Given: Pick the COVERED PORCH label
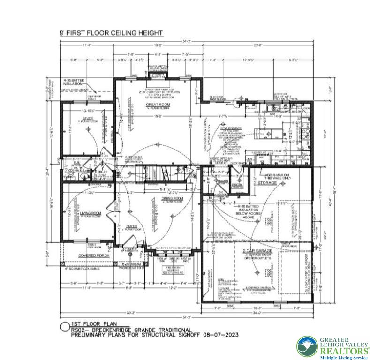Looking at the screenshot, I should pyautogui.click(x=94, y=255).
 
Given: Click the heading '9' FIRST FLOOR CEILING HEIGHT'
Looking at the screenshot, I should pyautogui.click(x=111, y=33).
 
